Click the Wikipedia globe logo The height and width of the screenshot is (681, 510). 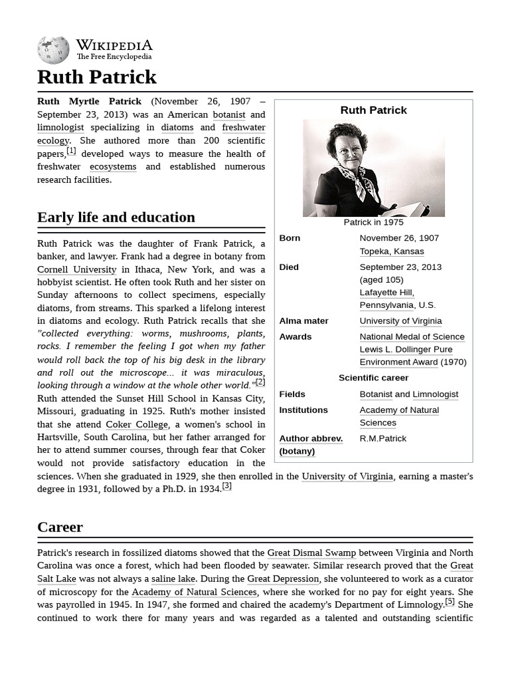coord(53,50)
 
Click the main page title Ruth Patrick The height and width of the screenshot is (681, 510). coord(97,77)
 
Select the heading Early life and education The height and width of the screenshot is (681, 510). coord(116,217)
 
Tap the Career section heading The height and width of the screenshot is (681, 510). coord(60,527)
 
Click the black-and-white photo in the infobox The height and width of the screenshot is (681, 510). coord(373,168)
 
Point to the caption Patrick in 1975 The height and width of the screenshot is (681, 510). coord(373,222)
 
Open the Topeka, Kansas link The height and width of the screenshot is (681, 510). coord(391,251)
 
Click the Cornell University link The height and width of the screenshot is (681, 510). coord(76,269)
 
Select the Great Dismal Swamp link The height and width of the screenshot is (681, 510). coord(311,553)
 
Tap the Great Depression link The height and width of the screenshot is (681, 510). coord(283,579)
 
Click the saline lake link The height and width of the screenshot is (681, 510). coord(174,579)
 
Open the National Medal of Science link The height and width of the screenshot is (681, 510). coord(412,337)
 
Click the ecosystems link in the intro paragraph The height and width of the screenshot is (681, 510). coord(113,167)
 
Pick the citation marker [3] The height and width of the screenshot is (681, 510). coord(227,486)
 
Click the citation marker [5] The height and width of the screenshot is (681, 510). coord(450,602)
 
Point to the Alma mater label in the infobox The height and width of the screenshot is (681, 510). coord(303,321)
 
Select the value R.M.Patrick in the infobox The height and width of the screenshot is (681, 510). coord(382,438)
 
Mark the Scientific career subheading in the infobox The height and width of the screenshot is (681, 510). coord(373,378)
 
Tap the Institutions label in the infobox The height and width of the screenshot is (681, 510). coord(303,410)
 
